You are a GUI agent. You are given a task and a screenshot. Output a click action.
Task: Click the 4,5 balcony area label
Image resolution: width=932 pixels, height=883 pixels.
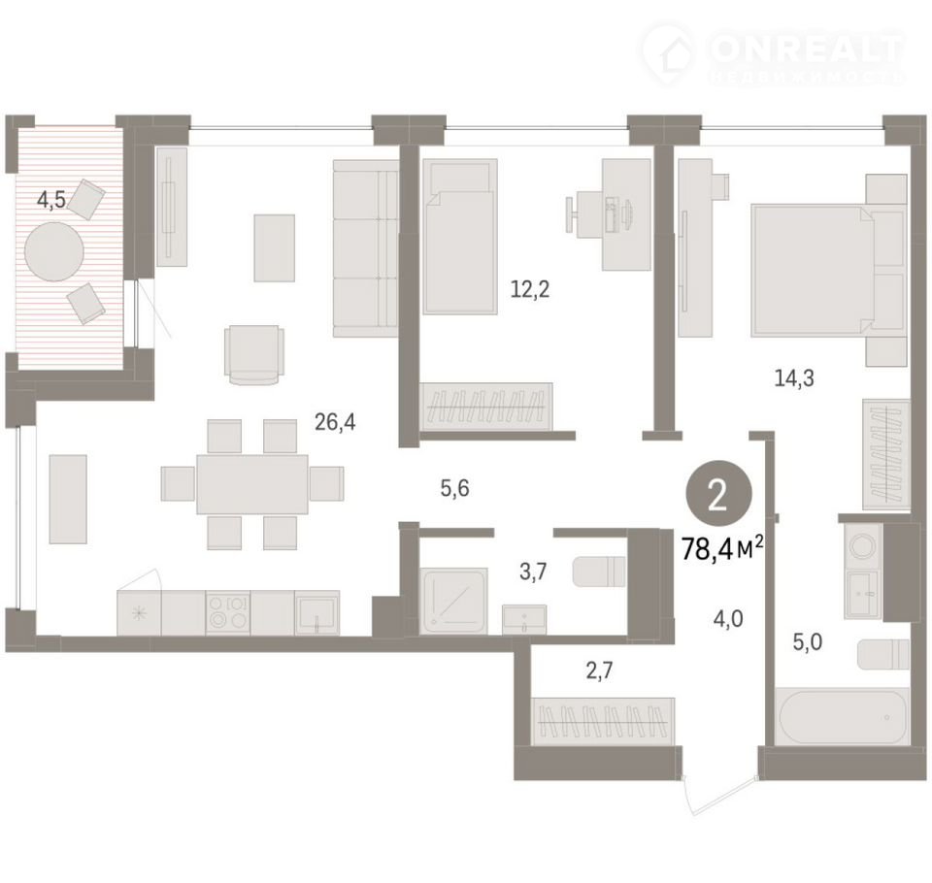click(x=51, y=200)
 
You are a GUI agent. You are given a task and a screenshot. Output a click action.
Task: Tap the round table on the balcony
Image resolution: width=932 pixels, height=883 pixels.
click(x=53, y=252)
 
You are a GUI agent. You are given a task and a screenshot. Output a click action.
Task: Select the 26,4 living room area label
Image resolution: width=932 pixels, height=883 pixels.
click(x=335, y=422)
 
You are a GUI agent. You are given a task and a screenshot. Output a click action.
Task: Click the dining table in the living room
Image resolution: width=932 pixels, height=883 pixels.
click(x=252, y=484)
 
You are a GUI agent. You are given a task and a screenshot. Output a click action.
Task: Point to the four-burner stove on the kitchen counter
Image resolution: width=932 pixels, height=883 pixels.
click(x=227, y=612)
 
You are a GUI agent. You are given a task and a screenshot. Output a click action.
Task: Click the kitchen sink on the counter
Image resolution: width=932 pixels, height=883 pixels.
click(x=316, y=612)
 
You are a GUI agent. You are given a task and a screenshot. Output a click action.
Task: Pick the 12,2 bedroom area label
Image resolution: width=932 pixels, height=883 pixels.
click(x=530, y=289)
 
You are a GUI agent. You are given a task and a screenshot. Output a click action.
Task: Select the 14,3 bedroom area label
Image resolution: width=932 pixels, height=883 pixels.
click(x=794, y=377)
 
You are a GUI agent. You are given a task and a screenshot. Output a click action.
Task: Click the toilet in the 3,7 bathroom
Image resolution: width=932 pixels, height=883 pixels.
click(x=599, y=571)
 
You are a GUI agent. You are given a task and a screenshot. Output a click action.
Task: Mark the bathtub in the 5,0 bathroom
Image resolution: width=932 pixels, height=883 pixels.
click(x=843, y=716)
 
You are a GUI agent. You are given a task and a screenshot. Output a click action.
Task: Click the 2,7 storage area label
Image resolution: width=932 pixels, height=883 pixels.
click(x=599, y=670)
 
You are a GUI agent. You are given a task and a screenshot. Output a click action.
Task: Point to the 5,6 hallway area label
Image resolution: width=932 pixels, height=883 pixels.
click(x=454, y=488)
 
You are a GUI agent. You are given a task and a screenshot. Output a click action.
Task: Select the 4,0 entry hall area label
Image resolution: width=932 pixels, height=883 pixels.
click(x=728, y=619)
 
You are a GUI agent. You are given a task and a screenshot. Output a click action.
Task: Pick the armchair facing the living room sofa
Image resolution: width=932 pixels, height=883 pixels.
click(x=253, y=355)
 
